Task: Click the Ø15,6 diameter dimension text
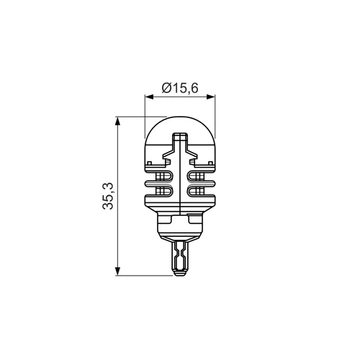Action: (180, 88)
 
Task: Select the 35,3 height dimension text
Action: (108, 196)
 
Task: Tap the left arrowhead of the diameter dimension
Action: (148, 96)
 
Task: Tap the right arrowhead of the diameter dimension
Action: (211, 96)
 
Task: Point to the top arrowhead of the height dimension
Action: (117, 121)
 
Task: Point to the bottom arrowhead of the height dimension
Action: (117, 271)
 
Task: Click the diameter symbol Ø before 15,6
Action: (166, 88)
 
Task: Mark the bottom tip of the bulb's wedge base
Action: (180, 276)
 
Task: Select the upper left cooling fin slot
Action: (163, 177)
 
